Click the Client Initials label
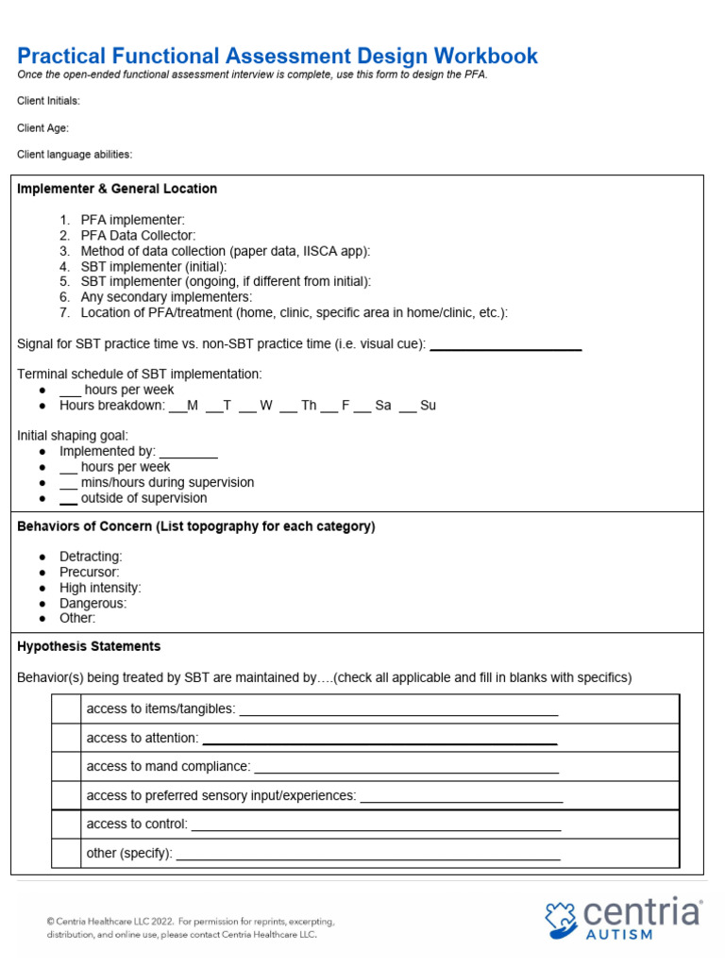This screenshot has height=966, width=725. point(48,101)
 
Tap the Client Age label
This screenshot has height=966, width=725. point(42,127)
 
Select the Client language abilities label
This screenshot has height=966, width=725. point(75,155)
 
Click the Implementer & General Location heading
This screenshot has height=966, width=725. point(117,189)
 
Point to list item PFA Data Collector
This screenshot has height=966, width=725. point(138,235)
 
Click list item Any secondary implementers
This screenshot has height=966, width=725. point(152,297)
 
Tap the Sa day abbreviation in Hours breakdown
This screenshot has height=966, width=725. point(382,406)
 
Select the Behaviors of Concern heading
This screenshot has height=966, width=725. point(195,526)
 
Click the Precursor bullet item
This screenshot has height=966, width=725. point(90,573)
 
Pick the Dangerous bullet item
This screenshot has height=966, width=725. point(93,603)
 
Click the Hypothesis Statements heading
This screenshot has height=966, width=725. point(89,646)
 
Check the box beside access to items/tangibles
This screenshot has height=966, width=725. point(66,709)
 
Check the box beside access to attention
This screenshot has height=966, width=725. point(66,738)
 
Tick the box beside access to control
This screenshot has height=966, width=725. point(66,824)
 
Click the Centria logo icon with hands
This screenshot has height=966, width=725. point(563,918)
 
